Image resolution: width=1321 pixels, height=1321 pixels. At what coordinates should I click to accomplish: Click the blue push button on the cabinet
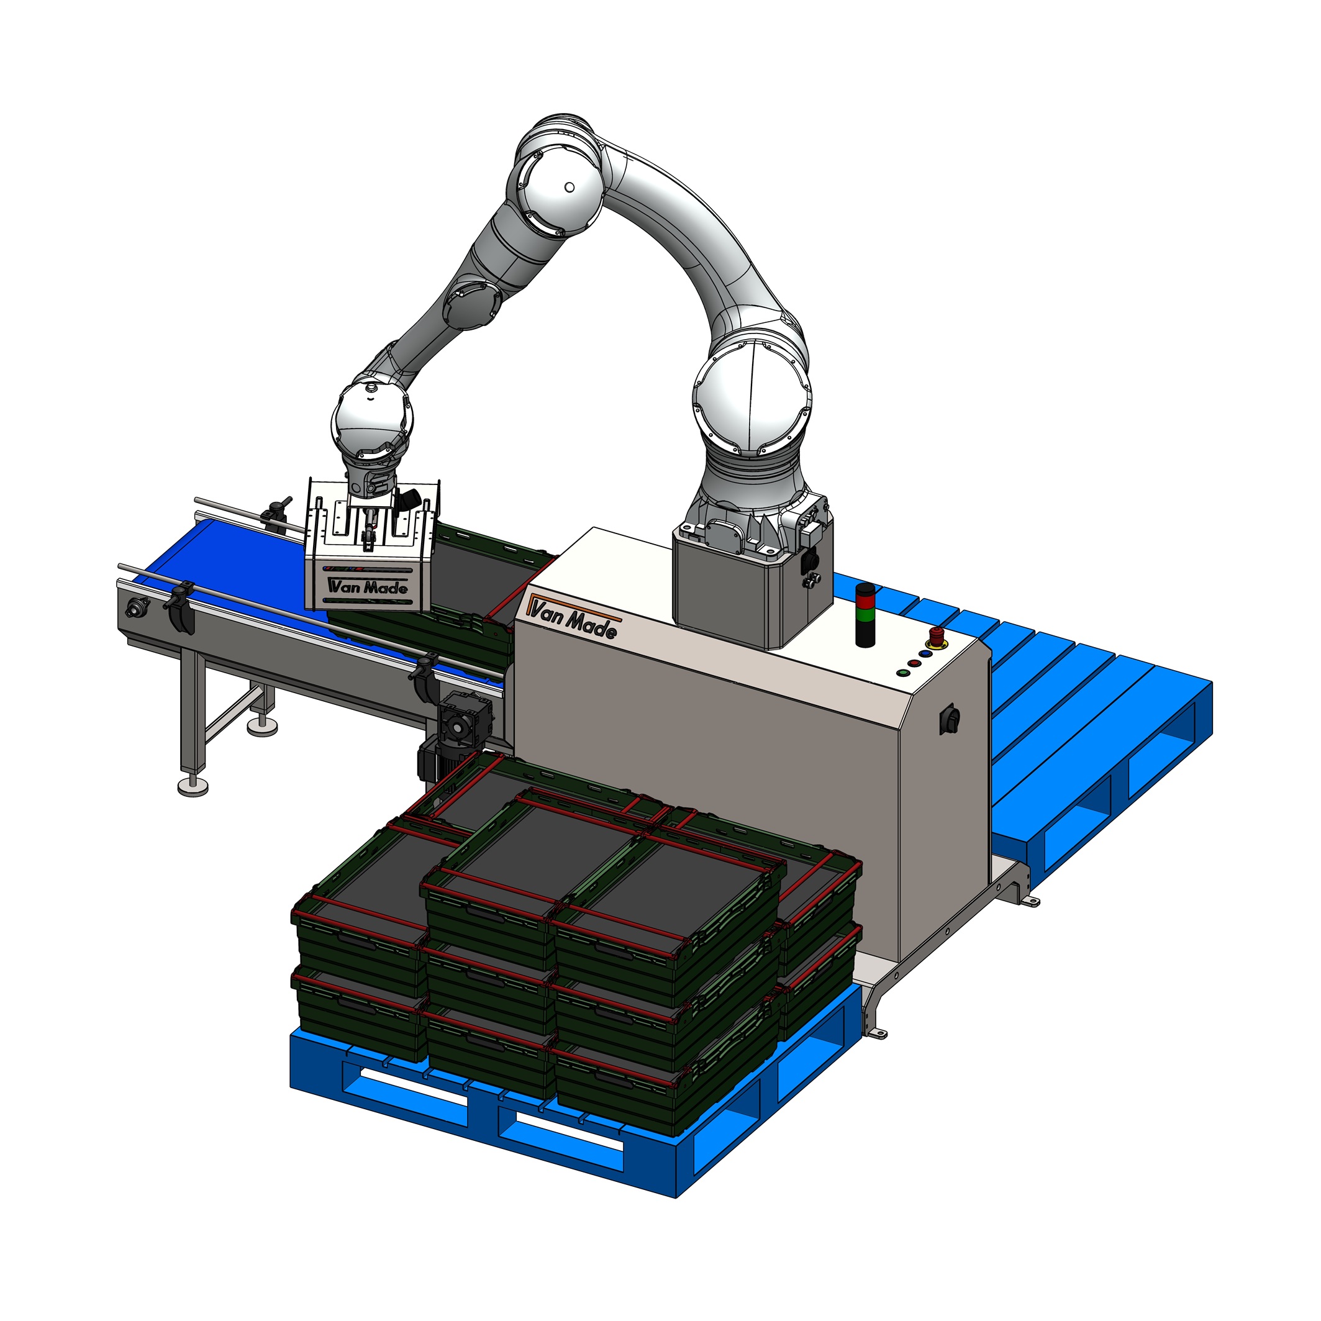927,653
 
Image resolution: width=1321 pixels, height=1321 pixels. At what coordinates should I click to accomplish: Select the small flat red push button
914,663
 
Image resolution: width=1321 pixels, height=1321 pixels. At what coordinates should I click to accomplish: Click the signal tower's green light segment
866,615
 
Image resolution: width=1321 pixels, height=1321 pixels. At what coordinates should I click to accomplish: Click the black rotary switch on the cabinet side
950,719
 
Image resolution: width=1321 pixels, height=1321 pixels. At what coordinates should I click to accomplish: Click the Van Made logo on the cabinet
573,618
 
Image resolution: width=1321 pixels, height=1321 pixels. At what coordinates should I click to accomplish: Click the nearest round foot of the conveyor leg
193,788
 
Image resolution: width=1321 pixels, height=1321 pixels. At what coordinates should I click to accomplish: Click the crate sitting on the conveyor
479,581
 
